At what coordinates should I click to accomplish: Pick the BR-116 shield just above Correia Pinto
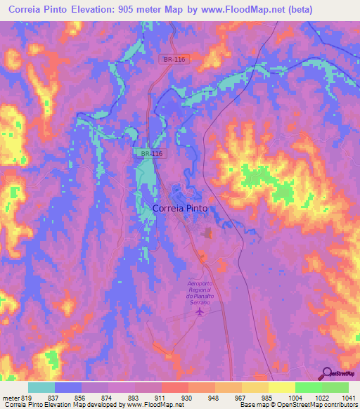click(146, 152)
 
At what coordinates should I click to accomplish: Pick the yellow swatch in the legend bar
click(281, 387)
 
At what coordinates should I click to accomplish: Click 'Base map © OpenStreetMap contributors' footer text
click(297, 405)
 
